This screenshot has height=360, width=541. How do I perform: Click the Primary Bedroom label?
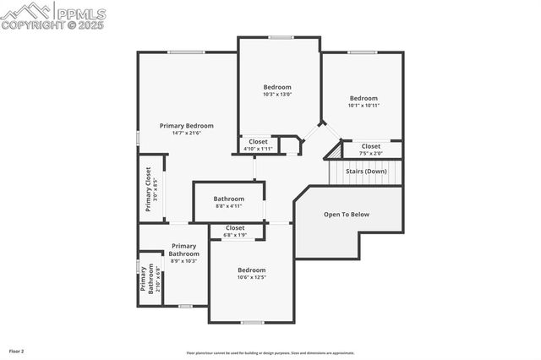click(x=187, y=125)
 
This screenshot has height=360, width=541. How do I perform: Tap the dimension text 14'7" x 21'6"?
click(x=187, y=133)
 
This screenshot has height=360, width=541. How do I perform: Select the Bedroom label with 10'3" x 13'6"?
click(x=277, y=87)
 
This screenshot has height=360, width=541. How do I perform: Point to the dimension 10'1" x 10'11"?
click(x=364, y=105)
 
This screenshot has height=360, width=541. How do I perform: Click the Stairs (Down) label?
click(x=366, y=171)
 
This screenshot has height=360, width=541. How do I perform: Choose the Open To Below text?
click(x=347, y=215)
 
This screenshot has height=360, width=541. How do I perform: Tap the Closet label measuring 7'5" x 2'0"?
click(x=371, y=146)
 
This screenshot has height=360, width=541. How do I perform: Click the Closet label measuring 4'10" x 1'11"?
click(x=258, y=141)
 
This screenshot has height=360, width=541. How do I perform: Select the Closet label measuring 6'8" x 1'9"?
click(x=235, y=227)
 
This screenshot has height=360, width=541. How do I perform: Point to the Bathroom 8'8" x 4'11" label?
click(x=228, y=199)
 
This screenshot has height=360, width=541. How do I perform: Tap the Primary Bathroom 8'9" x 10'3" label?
click(x=183, y=250)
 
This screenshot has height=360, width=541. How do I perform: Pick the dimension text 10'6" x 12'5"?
click(x=251, y=277)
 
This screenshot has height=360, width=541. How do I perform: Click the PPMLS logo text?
click(x=81, y=14)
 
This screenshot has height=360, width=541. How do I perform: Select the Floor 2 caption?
click(x=16, y=350)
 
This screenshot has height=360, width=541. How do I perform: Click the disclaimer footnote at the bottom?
click(x=282, y=353)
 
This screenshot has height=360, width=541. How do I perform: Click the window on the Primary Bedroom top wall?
click(x=186, y=52)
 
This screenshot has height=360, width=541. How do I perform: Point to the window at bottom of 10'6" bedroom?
click(x=252, y=322)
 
